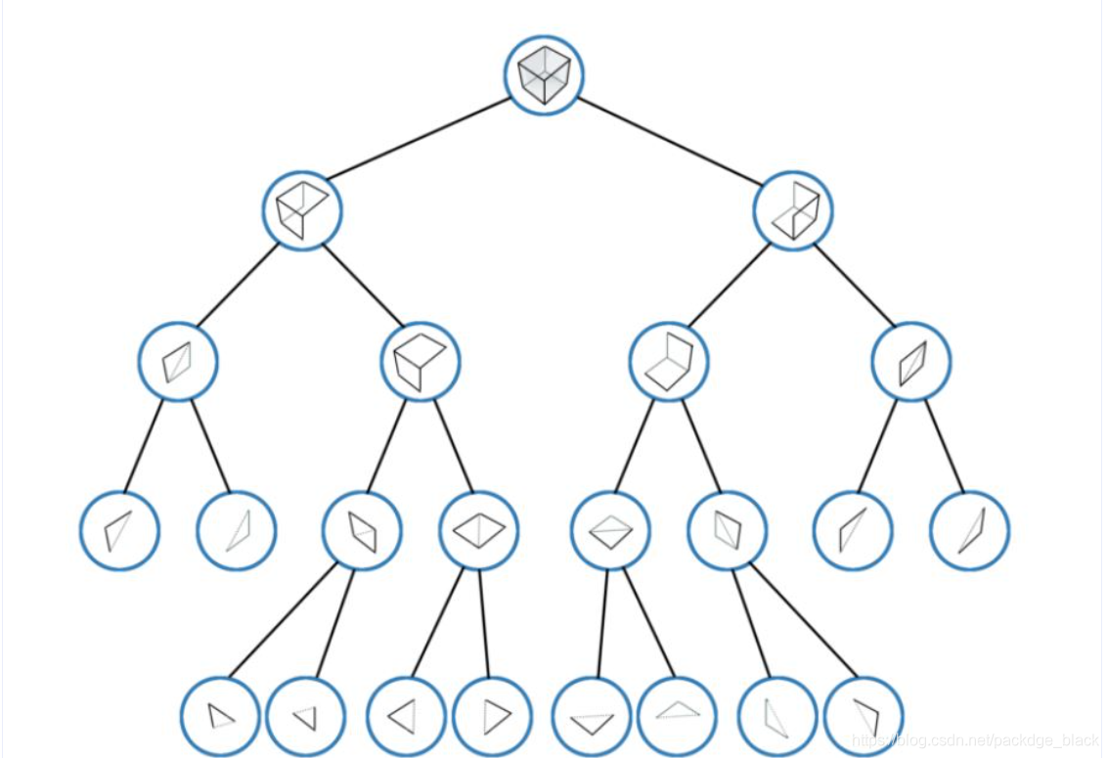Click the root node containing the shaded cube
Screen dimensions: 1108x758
(x=544, y=75)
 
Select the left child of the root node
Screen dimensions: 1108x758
(x=302, y=210)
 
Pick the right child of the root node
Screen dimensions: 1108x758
(x=793, y=210)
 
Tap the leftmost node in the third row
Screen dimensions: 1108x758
(x=178, y=362)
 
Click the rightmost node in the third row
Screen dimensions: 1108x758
(x=911, y=362)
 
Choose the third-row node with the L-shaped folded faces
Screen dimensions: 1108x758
(x=669, y=362)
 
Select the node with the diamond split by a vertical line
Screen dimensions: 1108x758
(x=479, y=531)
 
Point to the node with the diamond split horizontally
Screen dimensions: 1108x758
(x=611, y=531)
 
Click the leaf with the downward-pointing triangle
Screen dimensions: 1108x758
(x=592, y=717)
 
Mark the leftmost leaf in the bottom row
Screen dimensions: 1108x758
(x=221, y=717)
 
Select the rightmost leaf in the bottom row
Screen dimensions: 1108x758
(x=864, y=717)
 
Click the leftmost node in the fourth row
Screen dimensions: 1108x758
(x=119, y=531)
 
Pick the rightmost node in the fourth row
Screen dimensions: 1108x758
(x=970, y=531)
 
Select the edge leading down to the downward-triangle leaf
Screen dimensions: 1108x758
(x=601, y=623)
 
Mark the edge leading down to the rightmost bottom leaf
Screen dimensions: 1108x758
(x=804, y=621)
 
